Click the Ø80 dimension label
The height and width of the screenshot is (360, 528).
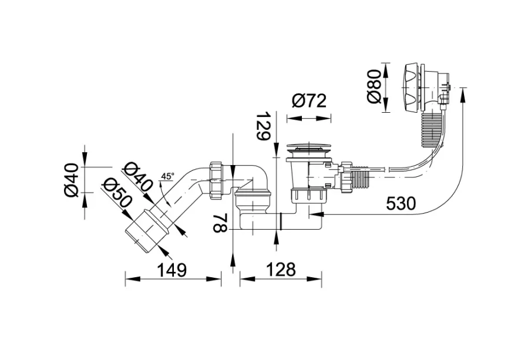[x=374, y=87]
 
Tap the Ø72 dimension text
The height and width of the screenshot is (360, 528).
[x=309, y=100]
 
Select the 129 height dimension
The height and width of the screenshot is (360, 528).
[x=263, y=126]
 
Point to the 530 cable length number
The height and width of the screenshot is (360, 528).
[x=401, y=203]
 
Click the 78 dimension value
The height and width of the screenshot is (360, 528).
[x=220, y=223]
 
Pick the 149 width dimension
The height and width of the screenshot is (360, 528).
[x=171, y=270]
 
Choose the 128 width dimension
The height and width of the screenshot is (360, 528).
[x=281, y=269]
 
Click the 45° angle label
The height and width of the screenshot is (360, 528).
[x=168, y=176]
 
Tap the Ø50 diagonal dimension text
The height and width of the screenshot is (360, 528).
[x=117, y=193]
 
